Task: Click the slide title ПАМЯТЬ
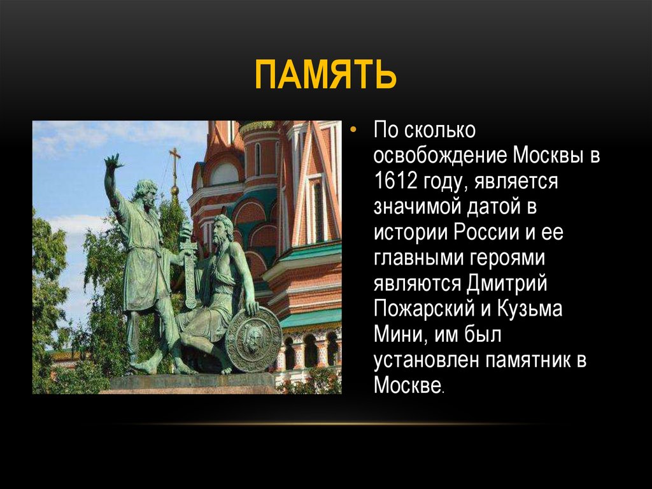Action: pos(325,75)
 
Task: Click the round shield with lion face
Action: pos(253,340)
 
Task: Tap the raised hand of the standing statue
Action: pos(113,162)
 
